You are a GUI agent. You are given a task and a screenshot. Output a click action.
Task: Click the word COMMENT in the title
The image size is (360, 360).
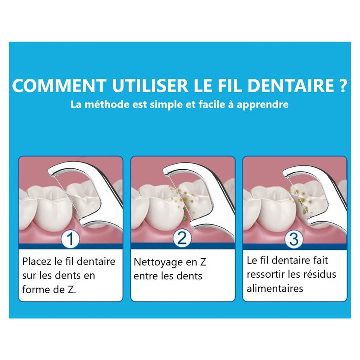[59, 85]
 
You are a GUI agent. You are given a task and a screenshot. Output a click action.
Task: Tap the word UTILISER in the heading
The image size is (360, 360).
[150, 85]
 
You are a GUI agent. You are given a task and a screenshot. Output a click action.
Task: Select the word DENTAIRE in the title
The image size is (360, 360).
[291, 85]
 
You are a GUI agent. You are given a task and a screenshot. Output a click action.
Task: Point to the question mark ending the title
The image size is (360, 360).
[342, 85]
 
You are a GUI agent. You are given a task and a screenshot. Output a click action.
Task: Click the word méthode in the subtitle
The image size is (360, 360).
[107, 105]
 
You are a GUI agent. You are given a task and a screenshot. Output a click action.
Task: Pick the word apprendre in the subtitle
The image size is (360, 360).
[262, 105]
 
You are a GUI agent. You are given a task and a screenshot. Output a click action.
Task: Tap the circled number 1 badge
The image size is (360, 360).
[70, 239]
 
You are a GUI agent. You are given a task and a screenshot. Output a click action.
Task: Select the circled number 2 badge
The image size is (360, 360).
[182, 238]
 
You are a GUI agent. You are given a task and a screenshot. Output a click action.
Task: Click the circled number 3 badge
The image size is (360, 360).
[294, 239]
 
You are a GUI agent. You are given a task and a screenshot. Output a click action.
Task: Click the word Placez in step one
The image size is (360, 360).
[37, 262]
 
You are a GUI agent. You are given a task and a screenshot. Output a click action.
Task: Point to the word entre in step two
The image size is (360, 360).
[146, 276]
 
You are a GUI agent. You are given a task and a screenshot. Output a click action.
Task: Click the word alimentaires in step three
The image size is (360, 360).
[275, 288]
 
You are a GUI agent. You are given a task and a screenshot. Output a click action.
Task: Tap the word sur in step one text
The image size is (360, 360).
[29, 276]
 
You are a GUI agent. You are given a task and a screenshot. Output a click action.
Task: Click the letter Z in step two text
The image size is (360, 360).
[203, 262]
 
